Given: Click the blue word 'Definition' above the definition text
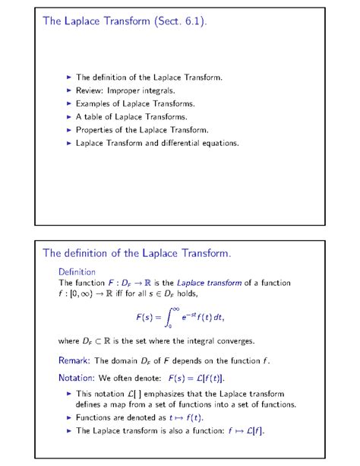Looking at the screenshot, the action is coord(77,271).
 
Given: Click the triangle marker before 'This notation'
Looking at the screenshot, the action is coord(69,394).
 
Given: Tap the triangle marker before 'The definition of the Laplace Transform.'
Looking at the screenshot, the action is coord(69,77).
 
